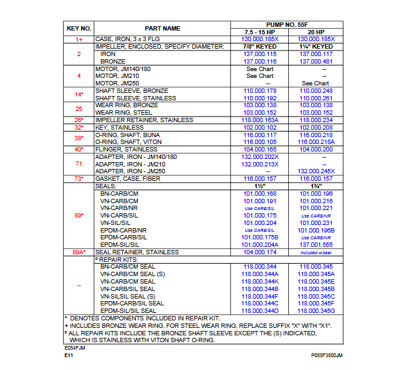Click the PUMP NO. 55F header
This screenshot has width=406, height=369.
tap(288, 24)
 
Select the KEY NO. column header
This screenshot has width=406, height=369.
tap(79, 28)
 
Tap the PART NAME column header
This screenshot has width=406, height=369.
tap(162, 28)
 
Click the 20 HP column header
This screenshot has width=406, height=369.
tap(316, 32)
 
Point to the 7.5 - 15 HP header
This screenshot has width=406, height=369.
tap(260, 32)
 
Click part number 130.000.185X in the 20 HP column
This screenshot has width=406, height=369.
tap(316, 39)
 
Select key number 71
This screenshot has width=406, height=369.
tap(79, 163)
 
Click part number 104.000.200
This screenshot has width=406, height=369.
tap(316, 149)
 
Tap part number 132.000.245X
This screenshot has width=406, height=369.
tap(316, 171)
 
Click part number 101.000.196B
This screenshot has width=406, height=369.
tap(316, 229)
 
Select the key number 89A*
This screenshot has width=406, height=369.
tap(79, 252)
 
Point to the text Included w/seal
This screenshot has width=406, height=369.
tap(316, 252)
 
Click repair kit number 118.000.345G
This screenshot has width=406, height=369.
tap(316, 310)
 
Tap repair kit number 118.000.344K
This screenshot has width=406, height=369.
tap(260, 281)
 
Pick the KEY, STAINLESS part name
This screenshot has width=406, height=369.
tap(118, 127)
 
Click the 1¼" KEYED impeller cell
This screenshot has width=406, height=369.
tap(316, 47)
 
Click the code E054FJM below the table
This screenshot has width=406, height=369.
tap(77, 348)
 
